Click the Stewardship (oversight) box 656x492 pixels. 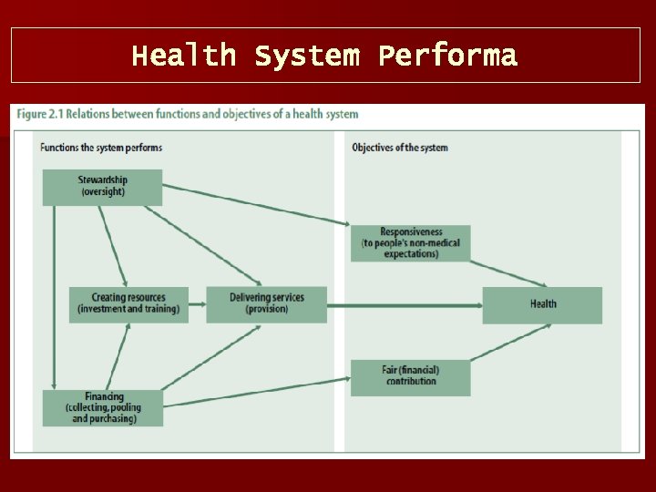(102, 187)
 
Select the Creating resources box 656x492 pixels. (128, 304)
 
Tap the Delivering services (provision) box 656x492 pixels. (266, 304)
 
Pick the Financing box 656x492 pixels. (103, 407)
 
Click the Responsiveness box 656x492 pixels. (410, 243)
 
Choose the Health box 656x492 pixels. (542, 304)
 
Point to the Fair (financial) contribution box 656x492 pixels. (410, 376)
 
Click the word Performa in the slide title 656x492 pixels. (447, 56)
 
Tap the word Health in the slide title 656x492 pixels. (183, 56)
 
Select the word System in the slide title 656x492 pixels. (306, 56)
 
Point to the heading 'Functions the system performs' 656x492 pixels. (101, 148)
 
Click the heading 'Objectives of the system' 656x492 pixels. (400, 148)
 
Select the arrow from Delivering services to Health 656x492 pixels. (405, 305)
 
